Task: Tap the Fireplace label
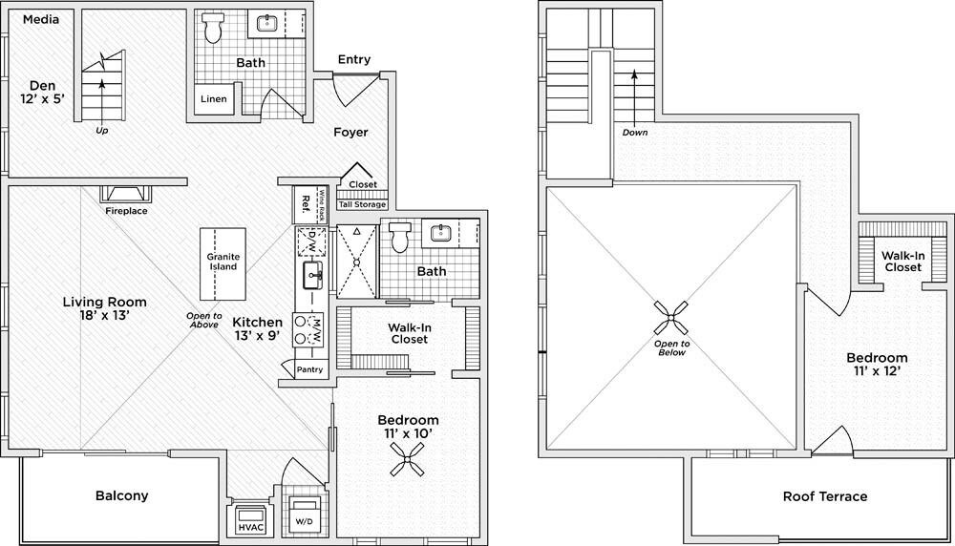pyautogui.click(x=126, y=210)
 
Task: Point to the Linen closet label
pyautogui.click(x=214, y=98)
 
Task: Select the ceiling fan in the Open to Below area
pyautogui.click(x=672, y=318)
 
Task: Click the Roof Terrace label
pyautogui.click(x=825, y=496)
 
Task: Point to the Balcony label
pyautogui.click(x=121, y=495)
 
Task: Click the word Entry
pyautogui.click(x=353, y=60)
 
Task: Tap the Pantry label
pyautogui.click(x=310, y=369)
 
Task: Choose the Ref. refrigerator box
pyautogui.click(x=306, y=202)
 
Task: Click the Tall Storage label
pyautogui.click(x=363, y=204)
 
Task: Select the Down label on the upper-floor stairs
pyautogui.click(x=634, y=132)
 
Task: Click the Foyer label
pyautogui.click(x=350, y=132)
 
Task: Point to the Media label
pyautogui.click(x=40, y=18)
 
